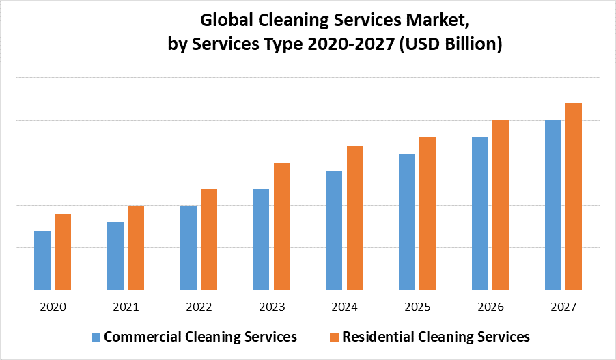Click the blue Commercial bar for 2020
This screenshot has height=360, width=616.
[42, 260]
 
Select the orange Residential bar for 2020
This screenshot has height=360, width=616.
[64, 251]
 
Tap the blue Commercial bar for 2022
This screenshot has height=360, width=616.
[188, 247]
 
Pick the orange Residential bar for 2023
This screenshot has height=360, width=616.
[282, 226]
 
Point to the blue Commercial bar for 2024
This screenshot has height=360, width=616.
[334, 230]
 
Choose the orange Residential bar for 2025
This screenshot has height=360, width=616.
[428, 213]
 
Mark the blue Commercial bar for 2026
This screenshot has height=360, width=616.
[480, 213]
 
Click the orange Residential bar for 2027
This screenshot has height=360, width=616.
[574, 196]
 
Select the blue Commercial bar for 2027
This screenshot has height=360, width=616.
[552, 205]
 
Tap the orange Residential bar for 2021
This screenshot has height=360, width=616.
[136, 247]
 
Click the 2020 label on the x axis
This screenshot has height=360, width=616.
[53, 307]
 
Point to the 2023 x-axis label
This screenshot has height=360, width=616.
[271, 307]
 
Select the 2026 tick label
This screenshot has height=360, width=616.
[490, 307]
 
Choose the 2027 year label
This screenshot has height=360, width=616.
[563, 307]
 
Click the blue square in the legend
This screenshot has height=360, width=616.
[96, 337]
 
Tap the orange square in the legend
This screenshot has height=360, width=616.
[334, 337]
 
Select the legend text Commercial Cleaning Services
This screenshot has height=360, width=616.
[200, 337]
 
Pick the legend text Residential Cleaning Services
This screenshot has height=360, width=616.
[436, 337]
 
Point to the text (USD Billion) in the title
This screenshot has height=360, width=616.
[453, 45]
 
